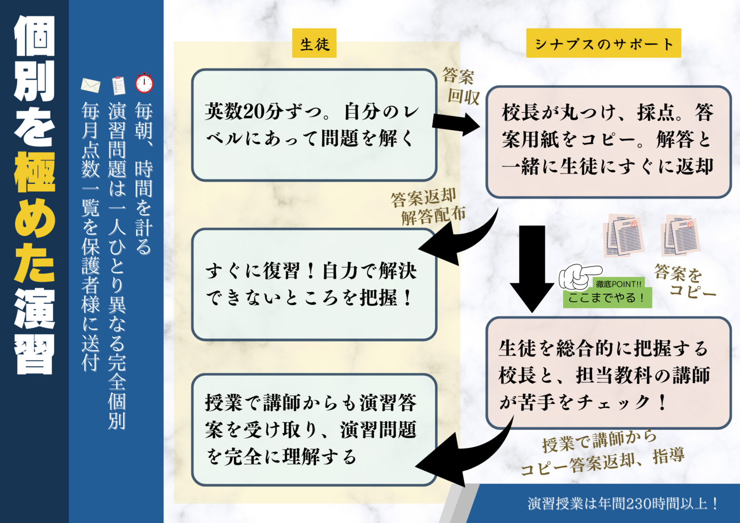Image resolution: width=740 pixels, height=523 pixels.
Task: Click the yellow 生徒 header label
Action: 314,43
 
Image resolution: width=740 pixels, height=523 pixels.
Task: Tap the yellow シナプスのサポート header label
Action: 603,43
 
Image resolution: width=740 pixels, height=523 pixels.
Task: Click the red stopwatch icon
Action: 144,83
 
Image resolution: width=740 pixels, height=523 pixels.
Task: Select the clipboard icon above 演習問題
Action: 119,85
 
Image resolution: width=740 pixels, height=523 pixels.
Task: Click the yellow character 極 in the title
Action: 34,172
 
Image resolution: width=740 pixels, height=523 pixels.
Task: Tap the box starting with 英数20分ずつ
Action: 314,125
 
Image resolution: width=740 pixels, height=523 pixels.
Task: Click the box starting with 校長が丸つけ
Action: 608,141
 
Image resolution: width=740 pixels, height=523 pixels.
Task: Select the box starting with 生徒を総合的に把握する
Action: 608,373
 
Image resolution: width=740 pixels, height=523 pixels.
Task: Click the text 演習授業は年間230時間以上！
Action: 623,503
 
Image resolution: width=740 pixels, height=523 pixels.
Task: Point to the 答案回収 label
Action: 460,86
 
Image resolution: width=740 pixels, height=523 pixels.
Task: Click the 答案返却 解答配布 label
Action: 428,207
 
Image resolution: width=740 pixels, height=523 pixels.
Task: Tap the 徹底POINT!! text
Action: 618,284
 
